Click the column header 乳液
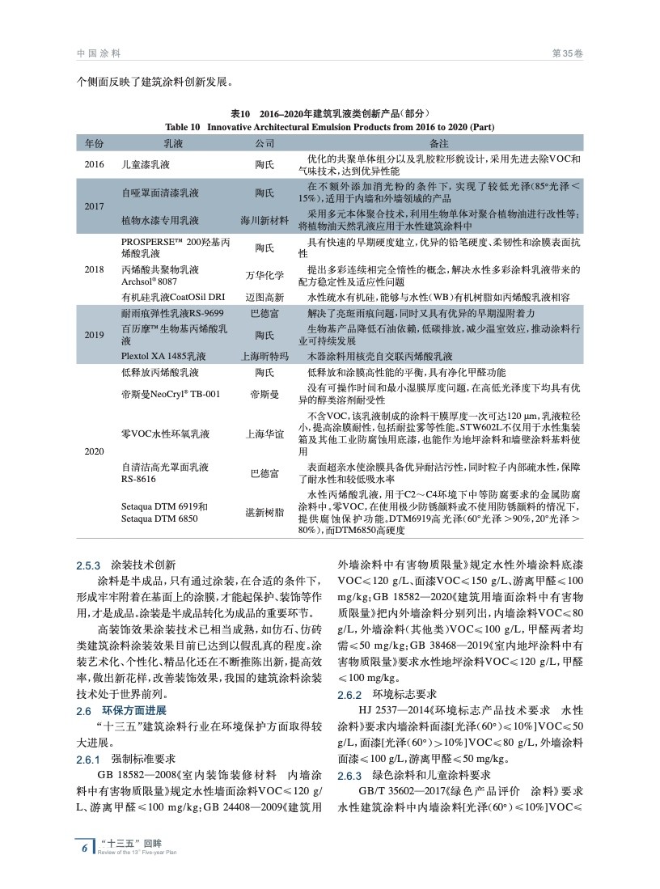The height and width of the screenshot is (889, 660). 173,143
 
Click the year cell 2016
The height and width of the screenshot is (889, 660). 95,164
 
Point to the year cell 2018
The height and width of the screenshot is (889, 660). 95,269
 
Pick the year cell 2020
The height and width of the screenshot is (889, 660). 95,451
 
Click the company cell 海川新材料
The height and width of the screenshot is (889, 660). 264,220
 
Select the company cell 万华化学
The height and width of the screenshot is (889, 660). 264,275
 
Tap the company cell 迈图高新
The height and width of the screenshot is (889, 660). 264,297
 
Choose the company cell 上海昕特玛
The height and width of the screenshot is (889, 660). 264,356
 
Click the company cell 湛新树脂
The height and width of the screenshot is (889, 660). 264,513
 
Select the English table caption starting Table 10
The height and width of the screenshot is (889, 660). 329,127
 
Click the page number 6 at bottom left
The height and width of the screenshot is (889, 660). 85,848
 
